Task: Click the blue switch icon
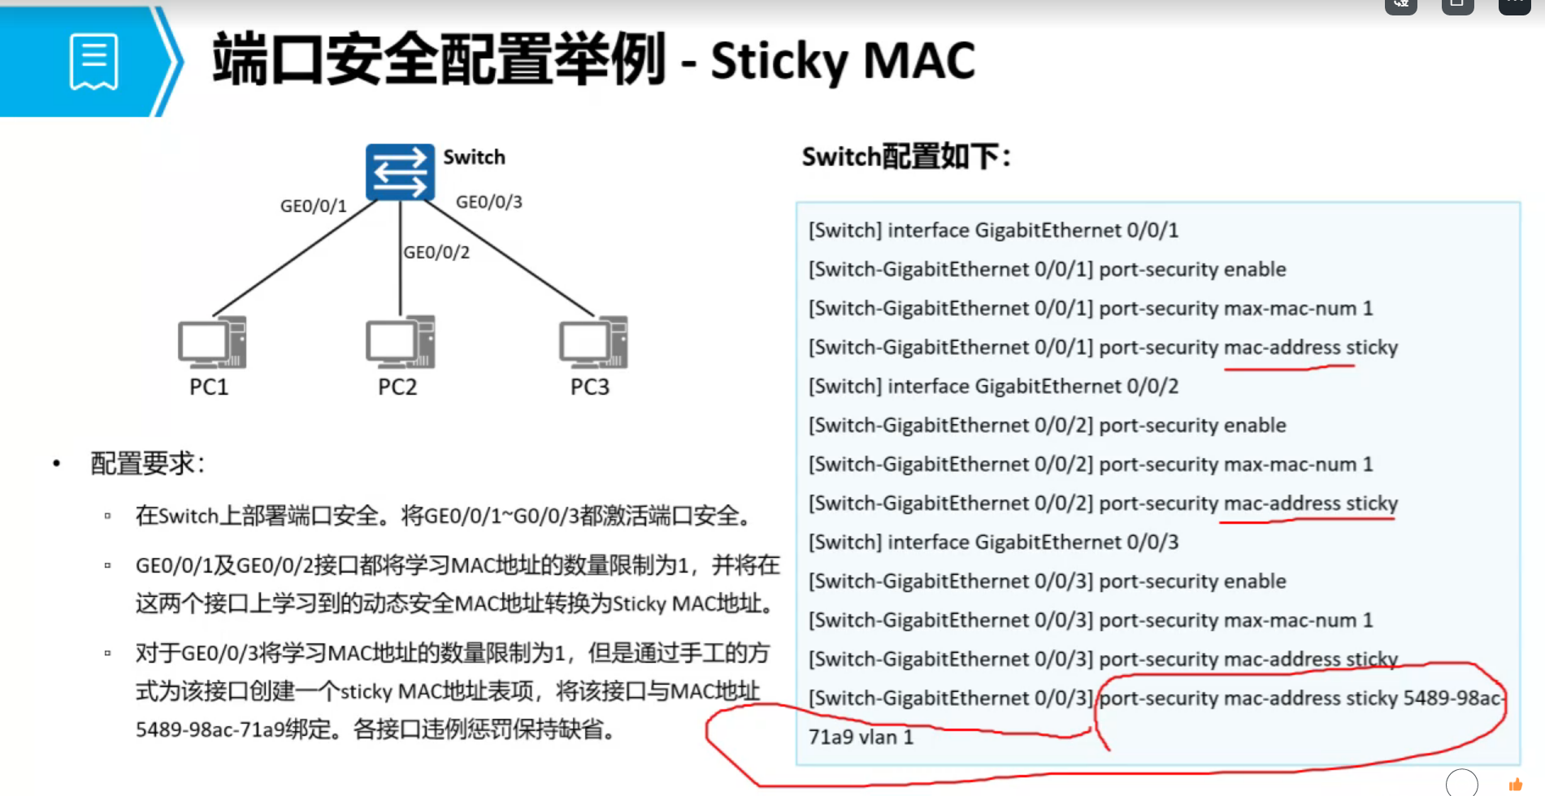tap(400, 172)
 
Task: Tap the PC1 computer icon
tap(212, 342)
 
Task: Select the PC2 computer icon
tap(400, 342)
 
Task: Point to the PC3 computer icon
tap(593, 342)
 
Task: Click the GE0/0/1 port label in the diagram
tap(313, 206)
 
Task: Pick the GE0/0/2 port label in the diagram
tap(436, 253)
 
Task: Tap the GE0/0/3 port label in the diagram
tap(488, 202)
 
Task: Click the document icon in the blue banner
tap(94, 62)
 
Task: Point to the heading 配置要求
tap(146, 464)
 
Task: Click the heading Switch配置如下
tap(905, 156)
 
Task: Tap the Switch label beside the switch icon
tap(474, 157)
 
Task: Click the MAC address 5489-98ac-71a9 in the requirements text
tap(210, 729)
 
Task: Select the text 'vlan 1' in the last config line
tap(884, 738)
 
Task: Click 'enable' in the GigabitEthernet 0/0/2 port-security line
tap(1255, 426)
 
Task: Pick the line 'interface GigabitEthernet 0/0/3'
tap(1032, 543)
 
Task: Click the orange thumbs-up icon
tap(1515, 785)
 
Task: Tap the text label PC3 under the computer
tap(589, 387)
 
